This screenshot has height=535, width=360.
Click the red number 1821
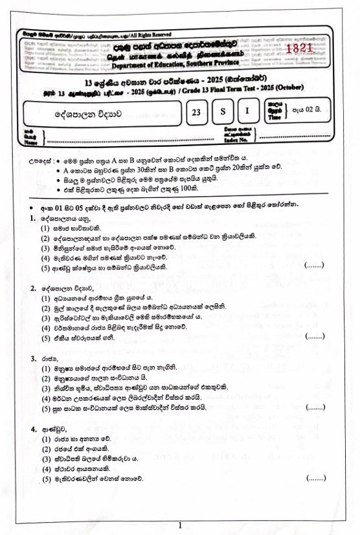(298, 49)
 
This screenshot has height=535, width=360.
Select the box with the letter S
(223, 113)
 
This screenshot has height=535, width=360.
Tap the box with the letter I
(247, 113)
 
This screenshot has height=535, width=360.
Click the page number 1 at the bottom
(179, 525)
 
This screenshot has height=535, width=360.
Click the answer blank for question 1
(313, 265)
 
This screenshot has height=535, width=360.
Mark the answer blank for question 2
(314, 336)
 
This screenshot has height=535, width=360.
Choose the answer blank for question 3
(314, 408)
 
